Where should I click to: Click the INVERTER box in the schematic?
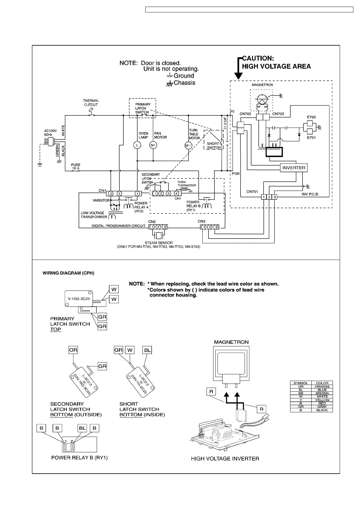point(294,168)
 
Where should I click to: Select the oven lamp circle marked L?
point(137,145)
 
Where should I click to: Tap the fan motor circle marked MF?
point(153,145)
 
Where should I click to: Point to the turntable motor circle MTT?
point(188,146)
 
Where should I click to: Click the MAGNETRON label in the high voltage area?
point(262,85)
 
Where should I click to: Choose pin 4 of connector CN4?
point(176,193)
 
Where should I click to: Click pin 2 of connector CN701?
point(269,197)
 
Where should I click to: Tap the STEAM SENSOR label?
point(159,243)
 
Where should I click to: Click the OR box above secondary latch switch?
point(73,350)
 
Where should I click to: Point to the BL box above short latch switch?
point(147,350)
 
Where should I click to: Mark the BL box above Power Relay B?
point(82,428)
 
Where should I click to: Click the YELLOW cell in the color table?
point(322,400)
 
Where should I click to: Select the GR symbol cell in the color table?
point(301,407)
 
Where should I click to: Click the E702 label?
point(311,117)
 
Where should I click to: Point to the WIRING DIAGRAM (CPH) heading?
point(68,273)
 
